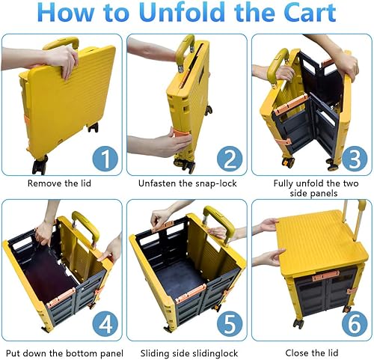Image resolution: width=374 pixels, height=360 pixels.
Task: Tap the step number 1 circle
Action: tap(106, 158)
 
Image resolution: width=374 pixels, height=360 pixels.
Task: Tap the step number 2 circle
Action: tap(229, 158)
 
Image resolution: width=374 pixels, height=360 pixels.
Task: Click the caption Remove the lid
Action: tap(62, 183)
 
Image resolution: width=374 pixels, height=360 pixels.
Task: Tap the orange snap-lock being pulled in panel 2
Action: tap(182, 140)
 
